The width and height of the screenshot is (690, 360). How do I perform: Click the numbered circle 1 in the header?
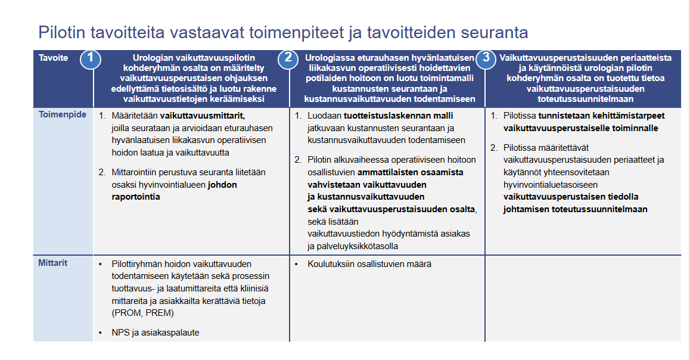90,58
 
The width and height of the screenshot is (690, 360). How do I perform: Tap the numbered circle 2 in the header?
288,58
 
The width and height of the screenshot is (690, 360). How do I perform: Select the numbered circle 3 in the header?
486,58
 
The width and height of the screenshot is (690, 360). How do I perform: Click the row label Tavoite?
53,58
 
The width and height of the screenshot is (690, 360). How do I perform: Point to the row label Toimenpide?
62,114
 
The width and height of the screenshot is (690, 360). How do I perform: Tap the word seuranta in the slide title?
489,32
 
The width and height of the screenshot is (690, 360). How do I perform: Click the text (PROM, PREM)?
143,312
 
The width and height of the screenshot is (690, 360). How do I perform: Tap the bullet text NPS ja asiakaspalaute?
156,333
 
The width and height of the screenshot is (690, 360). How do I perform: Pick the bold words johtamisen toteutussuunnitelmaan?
576,209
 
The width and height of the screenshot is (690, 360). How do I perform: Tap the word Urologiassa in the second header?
330,58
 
